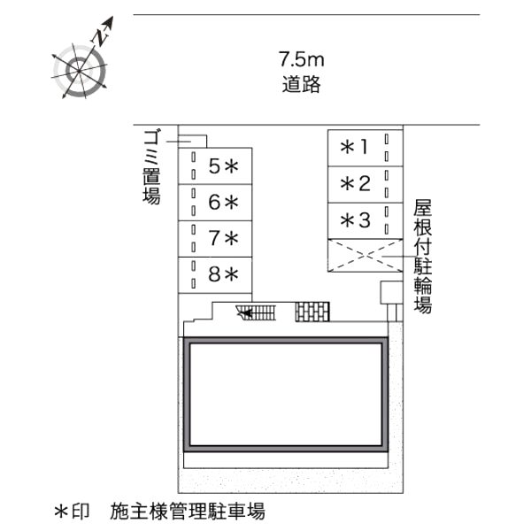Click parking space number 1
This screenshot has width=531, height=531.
pyautogui.click(x=365, y=148)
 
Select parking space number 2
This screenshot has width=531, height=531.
pyautogui.click(x=365, y=185)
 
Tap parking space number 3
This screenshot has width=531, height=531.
pyautogui.click(x=365, y=221)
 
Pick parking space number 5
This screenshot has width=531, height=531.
pyautogui.click(x=215, y=166)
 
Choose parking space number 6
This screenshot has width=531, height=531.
pyautogui.click(x=215, y=203)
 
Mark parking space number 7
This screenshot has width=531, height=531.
pyautogui.click(x=215, y=239)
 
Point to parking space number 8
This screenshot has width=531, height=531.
pyautogui.click(x=215, y=275)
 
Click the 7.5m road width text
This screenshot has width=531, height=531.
pyautogui.click(x=302, y=59)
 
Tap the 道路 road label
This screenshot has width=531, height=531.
pyautogui.click(x=302, y=84)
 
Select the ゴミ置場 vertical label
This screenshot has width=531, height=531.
pyautogui.click(x=151, y=166)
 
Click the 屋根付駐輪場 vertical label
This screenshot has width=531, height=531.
pyautogui.click(x=423, y=257)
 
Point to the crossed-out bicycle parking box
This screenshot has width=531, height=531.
pyautogui.click(x=365, y=256)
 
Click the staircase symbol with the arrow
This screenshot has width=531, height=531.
pyautogui.click(x=257, y=312)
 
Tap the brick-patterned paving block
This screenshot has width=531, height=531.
pyautogui.click(x=312, y=312)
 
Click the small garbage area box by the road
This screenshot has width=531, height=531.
pyautogui.click(x=193, y=142)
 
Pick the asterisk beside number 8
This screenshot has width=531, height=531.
pyautogui.click(x=232, y=274)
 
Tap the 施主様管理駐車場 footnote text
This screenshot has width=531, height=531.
pyautogui.click(x=188, y=511)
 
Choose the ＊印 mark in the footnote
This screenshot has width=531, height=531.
pyautogui.click(x=72, y=512)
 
